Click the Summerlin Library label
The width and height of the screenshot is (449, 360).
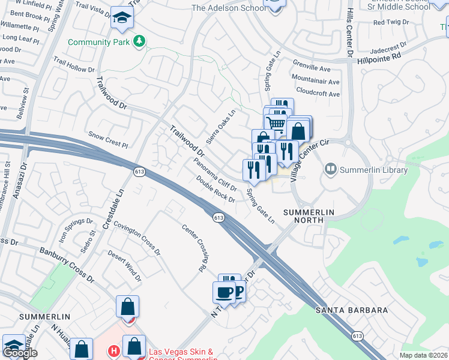373,170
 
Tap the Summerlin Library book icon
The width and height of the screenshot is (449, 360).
331,170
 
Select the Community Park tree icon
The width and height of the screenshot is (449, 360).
140,41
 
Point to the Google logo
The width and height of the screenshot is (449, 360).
20,353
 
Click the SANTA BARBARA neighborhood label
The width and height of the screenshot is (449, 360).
352,310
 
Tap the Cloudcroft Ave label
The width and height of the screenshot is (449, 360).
318,94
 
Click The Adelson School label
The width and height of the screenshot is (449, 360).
228,8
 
